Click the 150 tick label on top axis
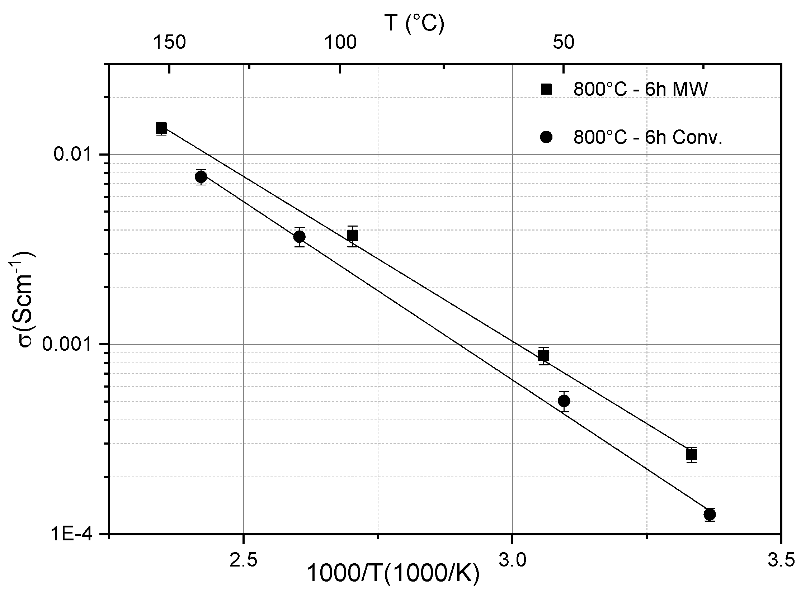click(x=170, y=42)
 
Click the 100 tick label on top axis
click(x=340, y=42)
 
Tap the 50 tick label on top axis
click(x=563, y=42)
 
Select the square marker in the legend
click(x=546, y=89)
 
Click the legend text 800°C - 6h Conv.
click(x=648, y=137)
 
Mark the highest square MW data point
click(x=161, y=128)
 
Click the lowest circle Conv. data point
click(x=710, y=514)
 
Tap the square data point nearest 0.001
click(x=543, y=356)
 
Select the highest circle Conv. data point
click(x=201, y=177)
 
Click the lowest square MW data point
click(x=691, y=455)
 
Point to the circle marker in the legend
click(x=546, y=137)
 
